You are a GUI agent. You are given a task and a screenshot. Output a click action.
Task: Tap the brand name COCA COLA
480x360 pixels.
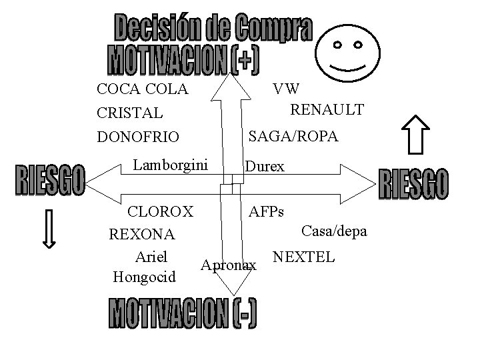[x=142, y=89]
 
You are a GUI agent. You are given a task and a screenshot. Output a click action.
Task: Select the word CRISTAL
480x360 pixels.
[x=129, y=113]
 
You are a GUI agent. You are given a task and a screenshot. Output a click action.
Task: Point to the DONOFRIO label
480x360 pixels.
[x=138, y=137]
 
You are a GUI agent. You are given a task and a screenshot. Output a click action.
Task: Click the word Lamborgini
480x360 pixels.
[x=171, y=164]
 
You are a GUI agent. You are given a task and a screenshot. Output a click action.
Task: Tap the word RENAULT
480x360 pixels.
[x=327, y=109]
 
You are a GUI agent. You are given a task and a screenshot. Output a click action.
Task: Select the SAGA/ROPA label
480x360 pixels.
[x=293, y=137]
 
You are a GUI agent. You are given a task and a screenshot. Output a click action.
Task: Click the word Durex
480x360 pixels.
[x=265, y=167]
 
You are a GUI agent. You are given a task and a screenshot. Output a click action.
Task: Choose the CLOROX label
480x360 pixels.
[x=161, y=212]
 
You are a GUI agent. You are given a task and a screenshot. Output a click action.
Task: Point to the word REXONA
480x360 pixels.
[x=141, y=235]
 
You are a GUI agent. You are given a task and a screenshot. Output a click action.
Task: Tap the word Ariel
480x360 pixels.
[x=151, y=256]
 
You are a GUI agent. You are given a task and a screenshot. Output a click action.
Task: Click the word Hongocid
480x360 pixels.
[x=145, y=275]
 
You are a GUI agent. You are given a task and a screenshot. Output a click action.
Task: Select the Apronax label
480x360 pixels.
[x=229, y=265]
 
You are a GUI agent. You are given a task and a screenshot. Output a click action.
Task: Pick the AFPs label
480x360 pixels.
[x=266, y=212]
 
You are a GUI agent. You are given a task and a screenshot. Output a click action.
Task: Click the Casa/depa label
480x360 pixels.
[x=334, y=231]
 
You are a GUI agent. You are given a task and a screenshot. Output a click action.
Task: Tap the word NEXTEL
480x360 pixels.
[x=303, y=257]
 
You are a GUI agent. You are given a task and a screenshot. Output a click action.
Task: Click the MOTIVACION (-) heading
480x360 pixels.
[x=182, y=314]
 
